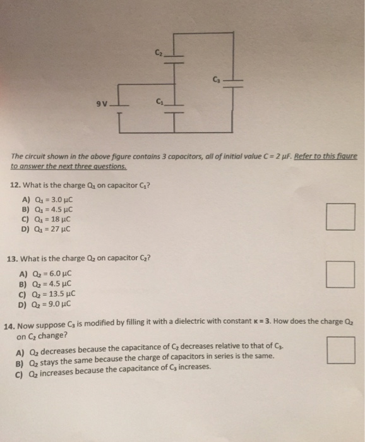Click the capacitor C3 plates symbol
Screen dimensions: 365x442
[x=234, y=83]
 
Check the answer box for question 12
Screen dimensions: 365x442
[x=341, y=217]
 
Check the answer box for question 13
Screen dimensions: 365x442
[x=341, y=275]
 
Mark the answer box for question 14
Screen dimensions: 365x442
[x=341, y=350]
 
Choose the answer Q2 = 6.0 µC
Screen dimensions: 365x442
[x=47, y=273]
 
